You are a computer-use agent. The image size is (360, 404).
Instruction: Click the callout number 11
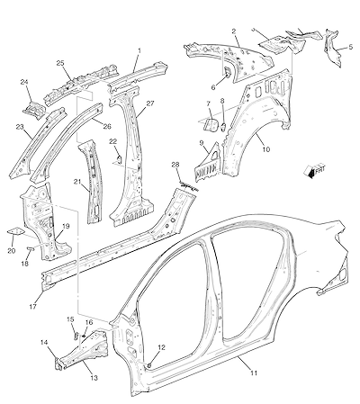(x=254, y=373)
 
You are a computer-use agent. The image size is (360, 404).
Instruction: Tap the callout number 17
(x=33, y=307)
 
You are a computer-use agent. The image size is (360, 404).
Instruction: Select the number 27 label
(x=150, y=103)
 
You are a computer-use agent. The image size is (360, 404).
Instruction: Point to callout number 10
(x=266, y=149)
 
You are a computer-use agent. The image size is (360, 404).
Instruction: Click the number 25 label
(x=60, y=63)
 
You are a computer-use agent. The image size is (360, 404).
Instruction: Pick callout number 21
(x=77, y=182)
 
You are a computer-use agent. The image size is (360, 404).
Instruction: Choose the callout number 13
(x=94, y=378)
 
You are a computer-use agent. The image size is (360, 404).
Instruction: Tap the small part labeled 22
(x=118, y=159)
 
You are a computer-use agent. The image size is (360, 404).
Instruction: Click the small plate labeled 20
(x=16, y=232)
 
